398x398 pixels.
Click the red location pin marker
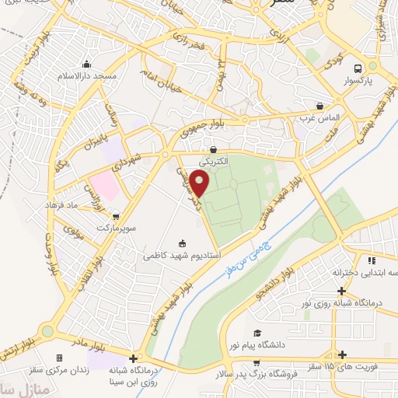(x=200, y=183)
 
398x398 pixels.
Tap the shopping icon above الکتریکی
(x=213, y=150)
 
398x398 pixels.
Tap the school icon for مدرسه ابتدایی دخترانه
(x=372, y=260)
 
